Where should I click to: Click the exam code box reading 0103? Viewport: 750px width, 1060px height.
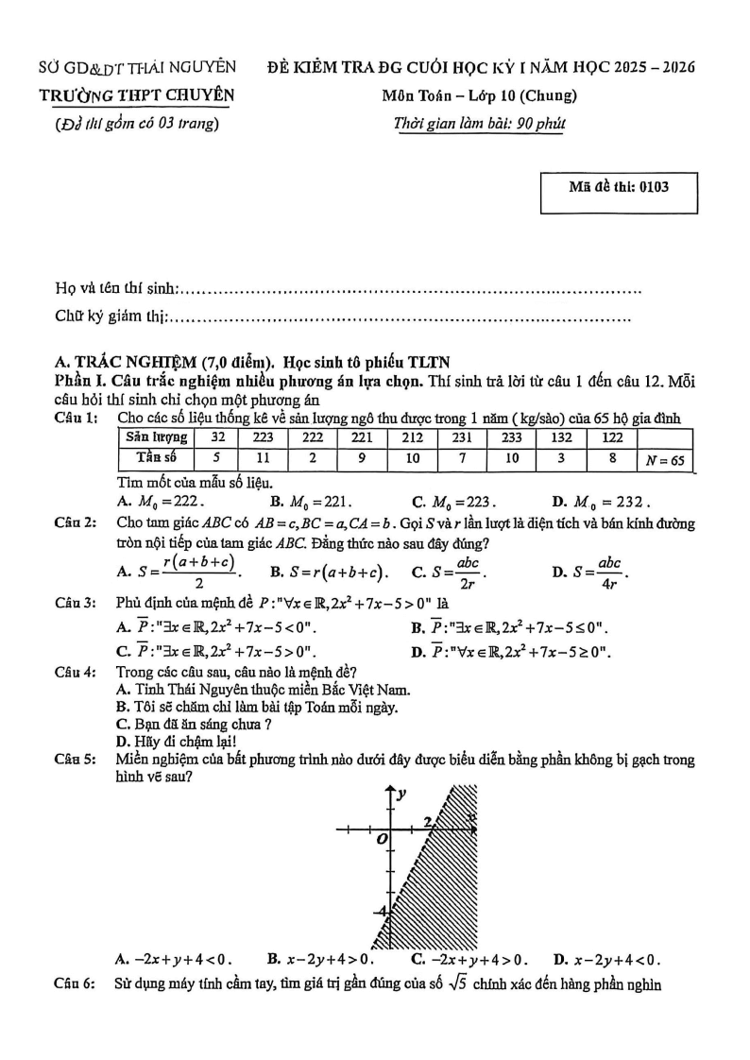pyautogui.click(x=619, y=187)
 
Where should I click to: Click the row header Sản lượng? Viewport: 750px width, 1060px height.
pyautogui.click(x=156, y=437)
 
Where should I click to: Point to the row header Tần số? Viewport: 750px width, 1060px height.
pyautogui.click(x=156, y=458)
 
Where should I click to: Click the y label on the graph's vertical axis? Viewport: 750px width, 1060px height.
pyautogui.click(x=401, y=795)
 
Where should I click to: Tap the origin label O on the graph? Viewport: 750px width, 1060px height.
pyautogui.click(x=382, y=839)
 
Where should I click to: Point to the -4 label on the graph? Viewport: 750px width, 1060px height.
pyautogui.click(x=380, y=911)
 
